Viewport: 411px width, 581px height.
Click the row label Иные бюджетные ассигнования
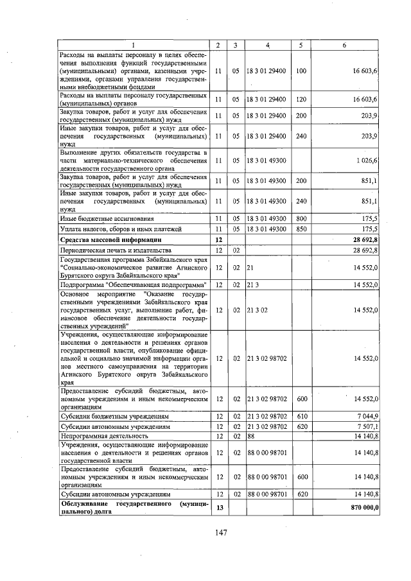click(96, 219)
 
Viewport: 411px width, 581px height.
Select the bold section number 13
click(218, 508)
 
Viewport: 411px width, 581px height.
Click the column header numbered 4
click(267, 44)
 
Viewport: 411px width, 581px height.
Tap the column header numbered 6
click(344, 44)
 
